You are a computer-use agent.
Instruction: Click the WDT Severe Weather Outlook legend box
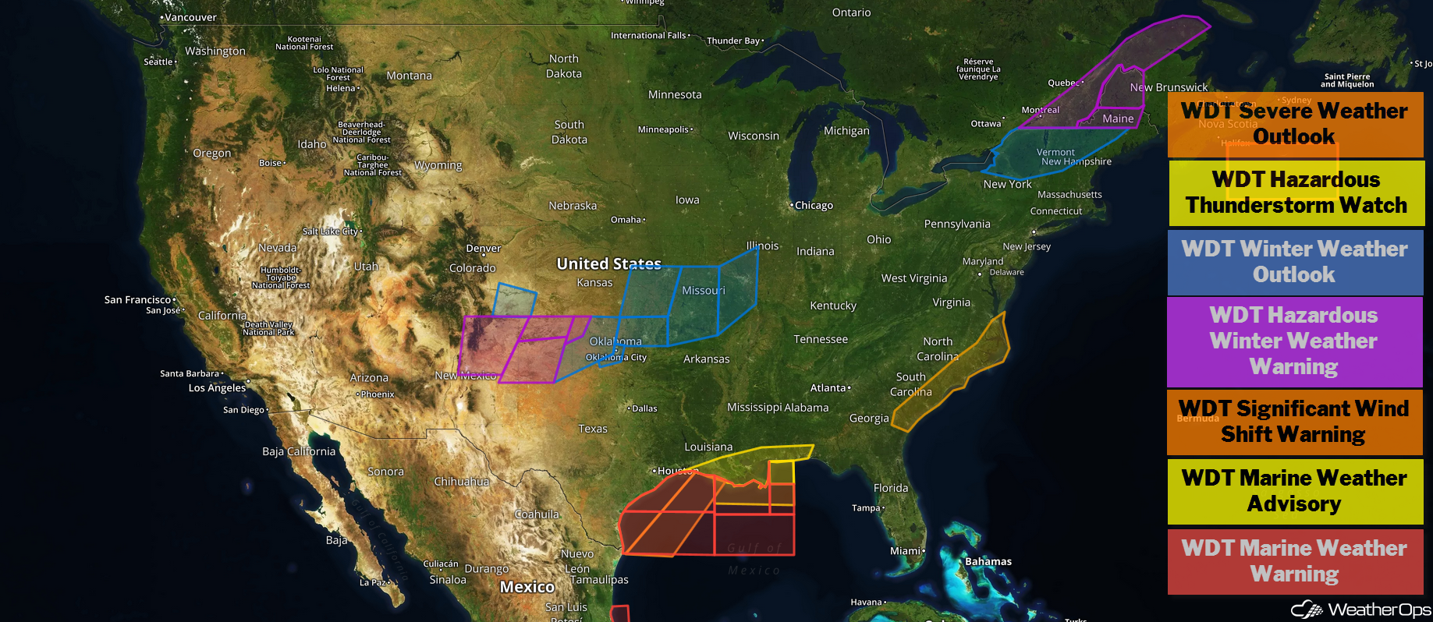[x=1295, y=124]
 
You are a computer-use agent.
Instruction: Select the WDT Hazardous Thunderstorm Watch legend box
[x=1295, y=193]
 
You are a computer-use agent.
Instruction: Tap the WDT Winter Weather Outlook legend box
[x=1295, y=262]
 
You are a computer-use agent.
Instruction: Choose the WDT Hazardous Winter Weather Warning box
[x=1295, y=341]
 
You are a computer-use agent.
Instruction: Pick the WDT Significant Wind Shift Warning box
[x=1295, y=422]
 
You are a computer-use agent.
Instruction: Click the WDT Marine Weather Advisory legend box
[x=1295, y=491]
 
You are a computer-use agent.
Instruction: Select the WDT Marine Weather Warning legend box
[x=1295, y=561]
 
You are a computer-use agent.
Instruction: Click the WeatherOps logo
[x=1360, y=610]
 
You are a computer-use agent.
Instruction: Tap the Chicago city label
[x=814, y=206]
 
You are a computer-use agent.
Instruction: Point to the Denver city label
[x=484, y=249]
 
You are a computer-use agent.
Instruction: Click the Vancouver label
[x=190, y=17]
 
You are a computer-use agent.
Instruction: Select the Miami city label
[x=906, y=551]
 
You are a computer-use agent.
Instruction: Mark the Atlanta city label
[x=828, y=388]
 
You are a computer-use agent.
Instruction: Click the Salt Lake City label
[x=331, y=231]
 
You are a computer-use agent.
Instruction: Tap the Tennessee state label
[x=821, y=339]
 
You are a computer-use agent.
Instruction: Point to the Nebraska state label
[x=573, y=206]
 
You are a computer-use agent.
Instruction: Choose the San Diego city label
[x=243, y=410]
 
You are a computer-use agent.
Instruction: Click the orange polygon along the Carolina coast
[x=956, y=374]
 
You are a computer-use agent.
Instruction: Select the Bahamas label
[x=988, y=561]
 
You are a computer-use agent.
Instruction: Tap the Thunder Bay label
[x=733, y=41]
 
